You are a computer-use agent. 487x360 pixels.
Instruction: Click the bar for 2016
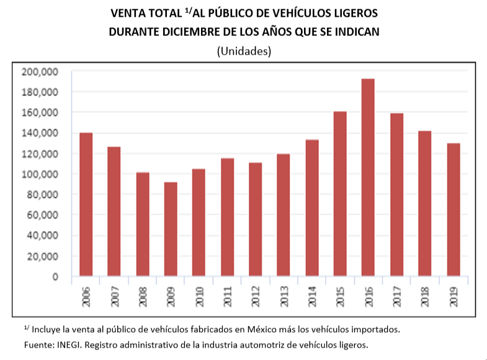pos(368,178)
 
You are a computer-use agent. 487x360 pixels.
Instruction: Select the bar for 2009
pos(171,229)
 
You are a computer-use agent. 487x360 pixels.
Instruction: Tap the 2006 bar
pos(86,204)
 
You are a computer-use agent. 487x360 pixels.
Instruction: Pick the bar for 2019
pos(453,210)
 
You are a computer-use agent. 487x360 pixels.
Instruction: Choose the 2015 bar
pos(340,194)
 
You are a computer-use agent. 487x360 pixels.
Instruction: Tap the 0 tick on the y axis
pos(55,276)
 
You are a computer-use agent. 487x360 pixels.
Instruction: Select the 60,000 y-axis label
pos(42,215)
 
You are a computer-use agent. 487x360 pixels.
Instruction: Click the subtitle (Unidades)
pos(244,52)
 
